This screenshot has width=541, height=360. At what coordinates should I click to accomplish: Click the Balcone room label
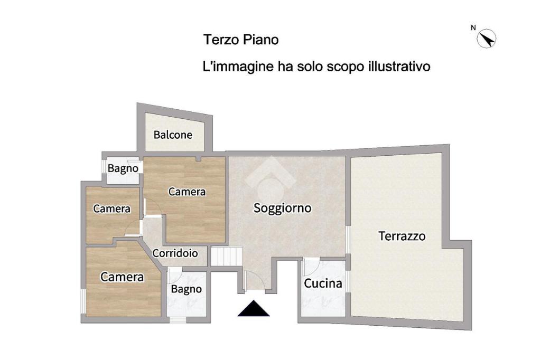(173, 135)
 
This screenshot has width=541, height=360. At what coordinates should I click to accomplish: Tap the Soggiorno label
(283, 208)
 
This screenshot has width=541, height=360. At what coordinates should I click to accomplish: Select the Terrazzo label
(402, 236)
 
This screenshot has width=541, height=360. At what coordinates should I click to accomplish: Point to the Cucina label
(323, 283)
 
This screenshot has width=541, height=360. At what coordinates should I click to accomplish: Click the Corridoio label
(175, 253)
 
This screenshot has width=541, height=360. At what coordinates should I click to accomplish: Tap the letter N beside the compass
(473, 28)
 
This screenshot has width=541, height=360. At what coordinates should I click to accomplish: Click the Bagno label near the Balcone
(123, 168)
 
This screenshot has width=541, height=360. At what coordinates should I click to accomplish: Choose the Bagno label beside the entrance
(186, 289)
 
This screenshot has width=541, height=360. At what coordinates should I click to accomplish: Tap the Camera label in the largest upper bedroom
(187, 192)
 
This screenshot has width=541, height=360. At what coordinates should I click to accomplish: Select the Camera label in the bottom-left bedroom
(122, 277)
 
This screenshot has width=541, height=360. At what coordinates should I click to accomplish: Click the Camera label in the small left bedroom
(112, 209)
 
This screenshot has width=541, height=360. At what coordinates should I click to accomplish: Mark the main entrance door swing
(255, 280)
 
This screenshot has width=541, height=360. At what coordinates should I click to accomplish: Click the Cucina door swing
(311, 267)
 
